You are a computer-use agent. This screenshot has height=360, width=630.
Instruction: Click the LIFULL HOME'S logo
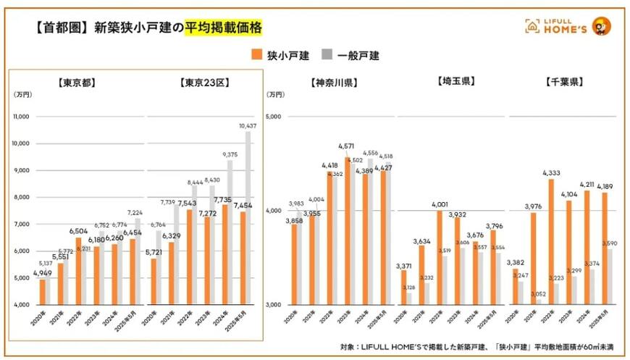pyautogui.click(x=565, y=27)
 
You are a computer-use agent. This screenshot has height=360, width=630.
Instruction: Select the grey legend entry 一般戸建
pyautogui.click(x=352, y=55)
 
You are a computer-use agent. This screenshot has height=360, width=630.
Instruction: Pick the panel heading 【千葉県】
pyautogui.click(x=563, y=82)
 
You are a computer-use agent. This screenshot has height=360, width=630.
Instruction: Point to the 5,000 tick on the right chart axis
pyautogui.click(x=274, y=116)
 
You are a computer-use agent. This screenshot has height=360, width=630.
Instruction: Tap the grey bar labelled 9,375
pyautogui.click(x=230, y=232)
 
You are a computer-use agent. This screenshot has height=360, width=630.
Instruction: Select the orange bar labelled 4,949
pyautogui.click(x=43, y=292)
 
